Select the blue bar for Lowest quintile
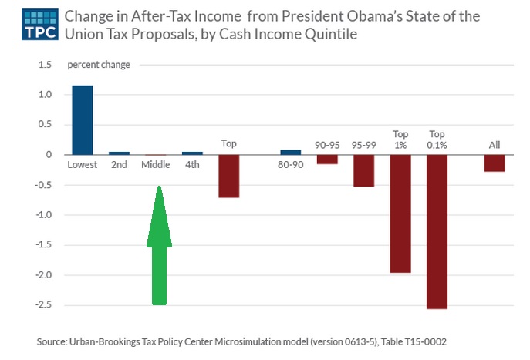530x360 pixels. point(82,120)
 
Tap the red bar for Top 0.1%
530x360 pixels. point(436,231)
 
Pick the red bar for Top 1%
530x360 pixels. point(400,214)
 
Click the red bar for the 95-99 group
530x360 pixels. point(363,170)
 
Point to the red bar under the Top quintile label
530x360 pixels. point(228,176)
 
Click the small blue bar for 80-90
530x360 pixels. point(291,152)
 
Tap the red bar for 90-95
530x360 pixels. point(327,160)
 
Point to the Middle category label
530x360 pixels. point(155,165)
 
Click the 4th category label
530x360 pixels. point(192,165)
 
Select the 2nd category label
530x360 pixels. point(119,165)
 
